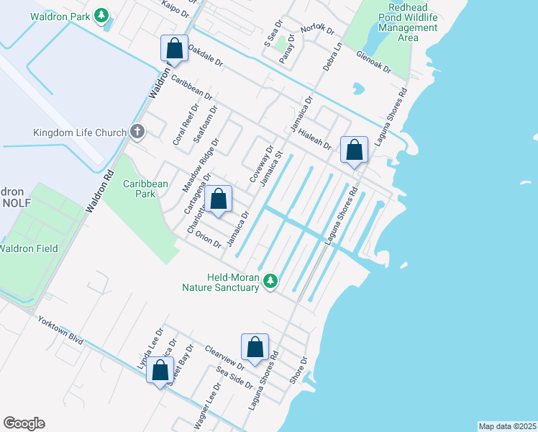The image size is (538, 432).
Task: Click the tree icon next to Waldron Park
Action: pyautogui.click(x=102, y=14)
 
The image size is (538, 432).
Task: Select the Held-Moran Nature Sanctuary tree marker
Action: pyautogui.click(x=270, y=280)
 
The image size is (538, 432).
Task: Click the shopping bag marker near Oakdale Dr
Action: pyautogui.click(x=174, y=48)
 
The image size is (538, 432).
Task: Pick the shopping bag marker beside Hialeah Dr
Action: pyautogui.click(x=354, y=150)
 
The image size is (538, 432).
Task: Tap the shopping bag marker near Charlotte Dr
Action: pyautogui.click(x=219, y=199)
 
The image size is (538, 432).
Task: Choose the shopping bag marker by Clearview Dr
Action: pyautogui.click(x=255, y=347)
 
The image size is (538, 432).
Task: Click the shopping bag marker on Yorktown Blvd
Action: pyautogui.click(x=160, y=371)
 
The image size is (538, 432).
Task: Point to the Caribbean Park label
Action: pyautogui.click(x=145, y=189)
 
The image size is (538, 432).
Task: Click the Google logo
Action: pyautogui.click(x=24, y=423)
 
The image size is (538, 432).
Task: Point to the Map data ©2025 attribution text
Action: pyautogui.click(x=507, y=426)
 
